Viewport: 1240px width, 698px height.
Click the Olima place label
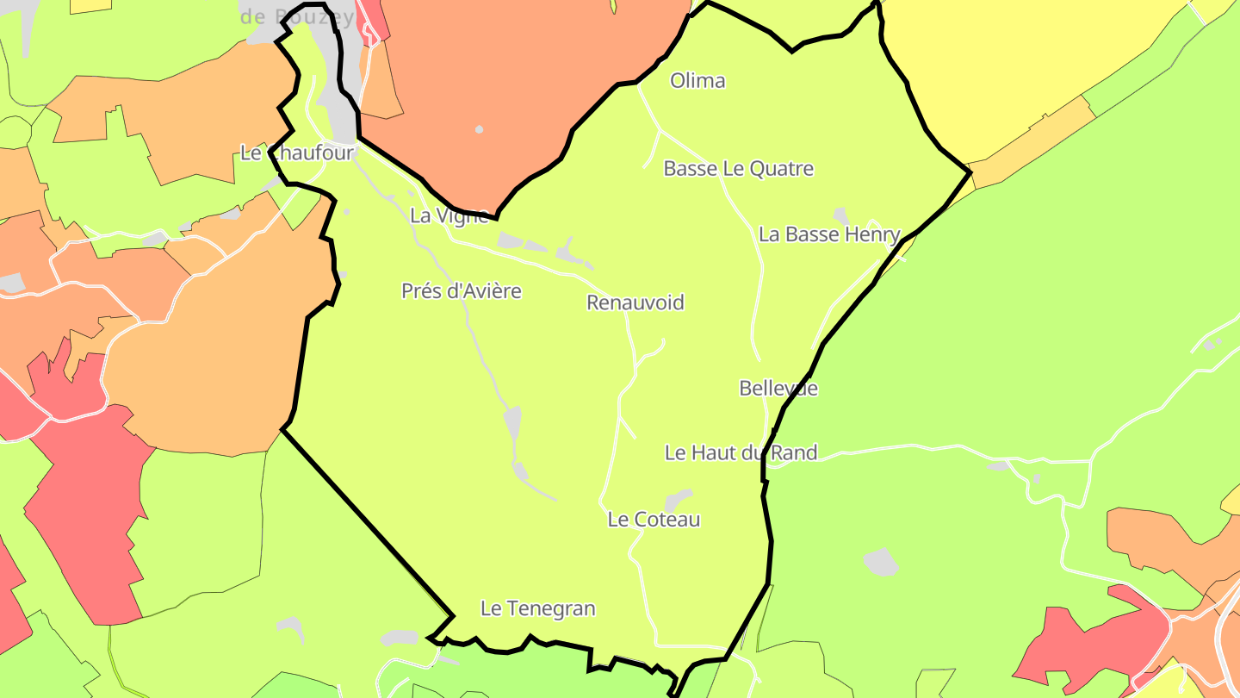[x=697, y=81]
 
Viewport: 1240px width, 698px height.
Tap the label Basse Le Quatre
[x=738, y=169]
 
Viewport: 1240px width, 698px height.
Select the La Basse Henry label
[x=828, y=234]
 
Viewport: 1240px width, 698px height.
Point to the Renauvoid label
[x=635, y=302]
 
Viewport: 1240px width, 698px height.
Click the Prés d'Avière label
[x=462, y=291]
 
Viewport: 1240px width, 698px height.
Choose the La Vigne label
[x=449, y=216]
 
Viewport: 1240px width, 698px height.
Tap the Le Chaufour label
[x=297, y=153]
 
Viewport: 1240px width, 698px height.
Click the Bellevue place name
[x=778, y=389]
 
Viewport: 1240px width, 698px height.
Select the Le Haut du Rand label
[x=741, y=452]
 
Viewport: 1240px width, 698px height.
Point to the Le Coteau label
[x=654, y=520]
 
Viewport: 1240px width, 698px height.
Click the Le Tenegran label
[x=537, y=608]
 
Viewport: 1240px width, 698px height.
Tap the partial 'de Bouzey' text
[x=297, y=16]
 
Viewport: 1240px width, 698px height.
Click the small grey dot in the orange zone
[x=480, y=129]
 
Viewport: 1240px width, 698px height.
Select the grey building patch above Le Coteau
[x=678, y=499]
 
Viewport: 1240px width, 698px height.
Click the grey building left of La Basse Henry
[x=841, y=215]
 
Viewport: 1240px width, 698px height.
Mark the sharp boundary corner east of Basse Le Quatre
[x=970, y=172]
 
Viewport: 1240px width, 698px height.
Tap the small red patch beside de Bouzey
[x=372, y=22]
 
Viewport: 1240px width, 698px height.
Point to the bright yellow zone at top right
[x=1016, y=60]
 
